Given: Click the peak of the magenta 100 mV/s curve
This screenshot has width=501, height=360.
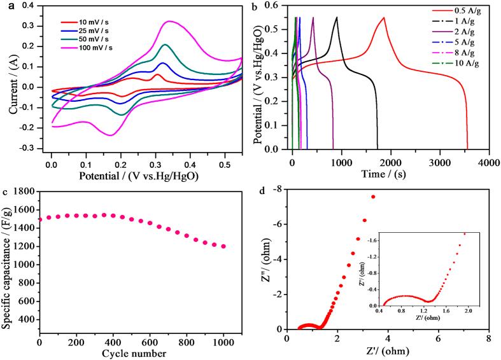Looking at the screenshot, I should pos(169,22).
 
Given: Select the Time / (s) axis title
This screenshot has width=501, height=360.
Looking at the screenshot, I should pos(390,173).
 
